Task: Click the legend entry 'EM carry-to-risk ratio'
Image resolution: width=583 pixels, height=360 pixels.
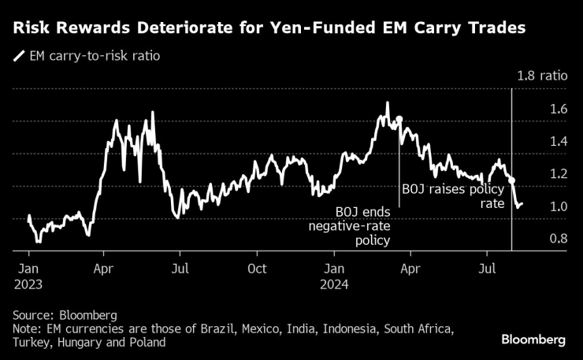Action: point(94,57)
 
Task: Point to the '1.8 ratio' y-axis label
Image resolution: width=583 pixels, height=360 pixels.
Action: point(542,76)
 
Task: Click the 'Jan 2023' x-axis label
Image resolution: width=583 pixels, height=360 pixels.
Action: point(29,275)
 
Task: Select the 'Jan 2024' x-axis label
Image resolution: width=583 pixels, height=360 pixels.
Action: point(333,275)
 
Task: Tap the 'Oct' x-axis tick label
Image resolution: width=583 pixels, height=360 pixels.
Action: point(257,268)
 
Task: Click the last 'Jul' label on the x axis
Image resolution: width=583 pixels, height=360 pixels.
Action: point(488,268)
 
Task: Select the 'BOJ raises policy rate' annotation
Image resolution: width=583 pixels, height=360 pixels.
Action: point(451,196)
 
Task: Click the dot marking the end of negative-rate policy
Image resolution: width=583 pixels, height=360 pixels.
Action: point(399,120)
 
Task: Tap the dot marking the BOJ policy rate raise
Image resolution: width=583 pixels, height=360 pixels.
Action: point(512,180)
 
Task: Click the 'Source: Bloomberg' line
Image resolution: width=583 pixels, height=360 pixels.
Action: point(65,315)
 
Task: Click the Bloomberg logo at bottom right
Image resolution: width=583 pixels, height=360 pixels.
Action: point(533,340)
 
